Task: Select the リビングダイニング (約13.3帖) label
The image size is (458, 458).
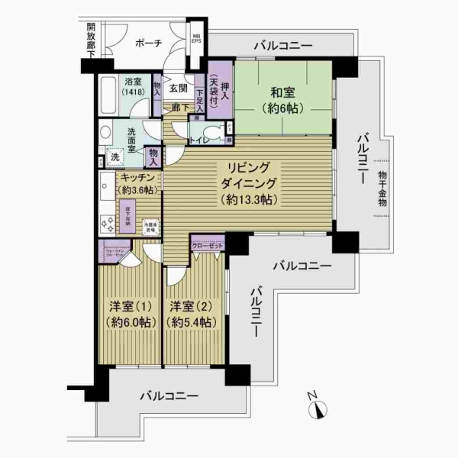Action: [249, 183]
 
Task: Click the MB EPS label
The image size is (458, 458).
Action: [197, 39]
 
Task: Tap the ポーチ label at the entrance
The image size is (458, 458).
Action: [147, 44]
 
